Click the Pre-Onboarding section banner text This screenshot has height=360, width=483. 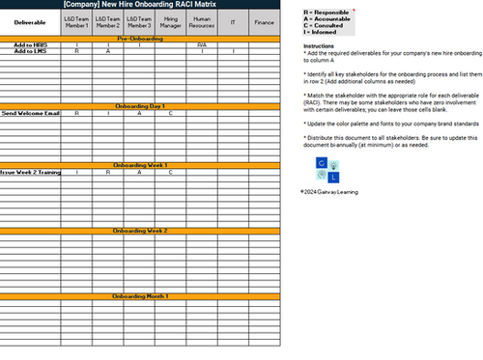140,38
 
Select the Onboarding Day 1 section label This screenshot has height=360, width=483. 140,105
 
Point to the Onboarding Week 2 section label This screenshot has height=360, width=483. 140,232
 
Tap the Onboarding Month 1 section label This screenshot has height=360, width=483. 140,295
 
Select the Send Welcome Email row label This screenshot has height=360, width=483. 31,113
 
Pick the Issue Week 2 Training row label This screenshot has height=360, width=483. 31,172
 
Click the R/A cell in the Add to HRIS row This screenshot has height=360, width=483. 202,44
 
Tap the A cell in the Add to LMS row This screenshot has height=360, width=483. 108,50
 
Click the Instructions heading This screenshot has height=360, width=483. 319,45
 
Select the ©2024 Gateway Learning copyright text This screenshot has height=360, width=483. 328,191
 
